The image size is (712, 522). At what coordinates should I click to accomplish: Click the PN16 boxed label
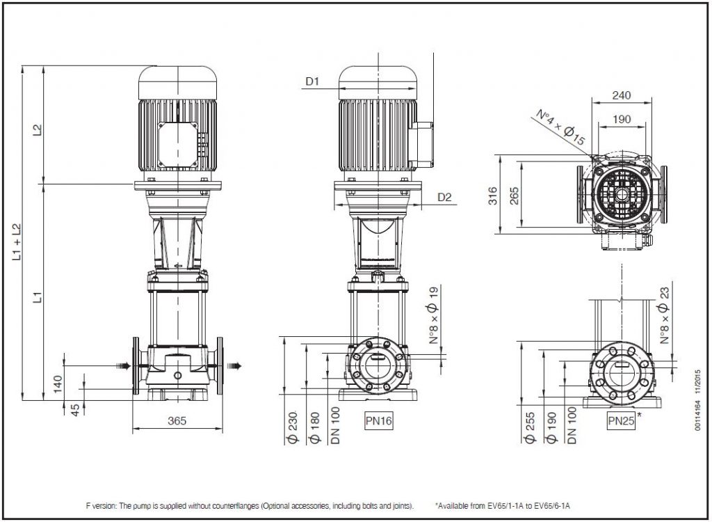pos(378,420)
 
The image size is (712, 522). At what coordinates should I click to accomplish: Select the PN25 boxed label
pos(621,420)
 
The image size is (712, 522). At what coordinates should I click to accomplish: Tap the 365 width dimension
pos(177,420)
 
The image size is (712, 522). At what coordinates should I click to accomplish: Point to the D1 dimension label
pos(312,81)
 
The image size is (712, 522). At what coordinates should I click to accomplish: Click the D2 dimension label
pos(444,197)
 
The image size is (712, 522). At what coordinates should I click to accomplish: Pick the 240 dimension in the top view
pos(621,95)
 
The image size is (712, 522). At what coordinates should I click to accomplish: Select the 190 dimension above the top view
pos(622,119)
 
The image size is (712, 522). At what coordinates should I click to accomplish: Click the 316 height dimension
pos(493,196)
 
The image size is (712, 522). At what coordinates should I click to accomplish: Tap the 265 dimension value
pos(514,196)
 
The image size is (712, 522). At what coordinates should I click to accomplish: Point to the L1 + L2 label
pos(17,242)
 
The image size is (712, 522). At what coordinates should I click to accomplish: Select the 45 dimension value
pos(76,409)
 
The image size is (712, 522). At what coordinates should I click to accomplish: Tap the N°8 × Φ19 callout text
pos(434,315)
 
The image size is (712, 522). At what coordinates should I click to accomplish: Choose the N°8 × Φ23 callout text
pos(664,315)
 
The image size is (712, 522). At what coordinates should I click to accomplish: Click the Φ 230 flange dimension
pos(293,427)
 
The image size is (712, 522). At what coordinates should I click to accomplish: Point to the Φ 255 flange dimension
pos(530,427)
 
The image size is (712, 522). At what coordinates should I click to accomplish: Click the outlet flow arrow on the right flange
pos(234,365)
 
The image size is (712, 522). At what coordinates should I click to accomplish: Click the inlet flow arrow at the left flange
pos(124,365)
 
